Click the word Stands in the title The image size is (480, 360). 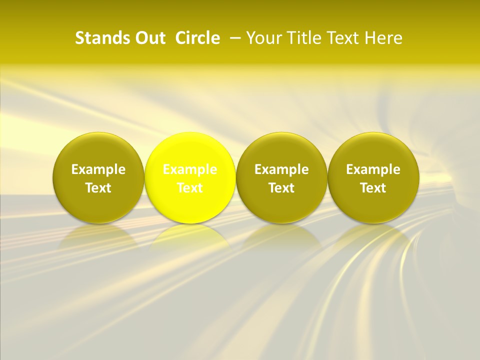click(100, 38)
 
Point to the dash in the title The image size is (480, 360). click(233, 38)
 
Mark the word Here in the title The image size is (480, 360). click(383, 38)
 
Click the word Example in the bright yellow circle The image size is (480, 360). click(190, 169)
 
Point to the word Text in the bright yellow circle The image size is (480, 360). click(190, 188)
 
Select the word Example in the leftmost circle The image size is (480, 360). click(98, 169)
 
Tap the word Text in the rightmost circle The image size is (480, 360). click(373, 188)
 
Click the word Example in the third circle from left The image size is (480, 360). click(281, 169)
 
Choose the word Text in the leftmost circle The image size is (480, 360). click(98, 188)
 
